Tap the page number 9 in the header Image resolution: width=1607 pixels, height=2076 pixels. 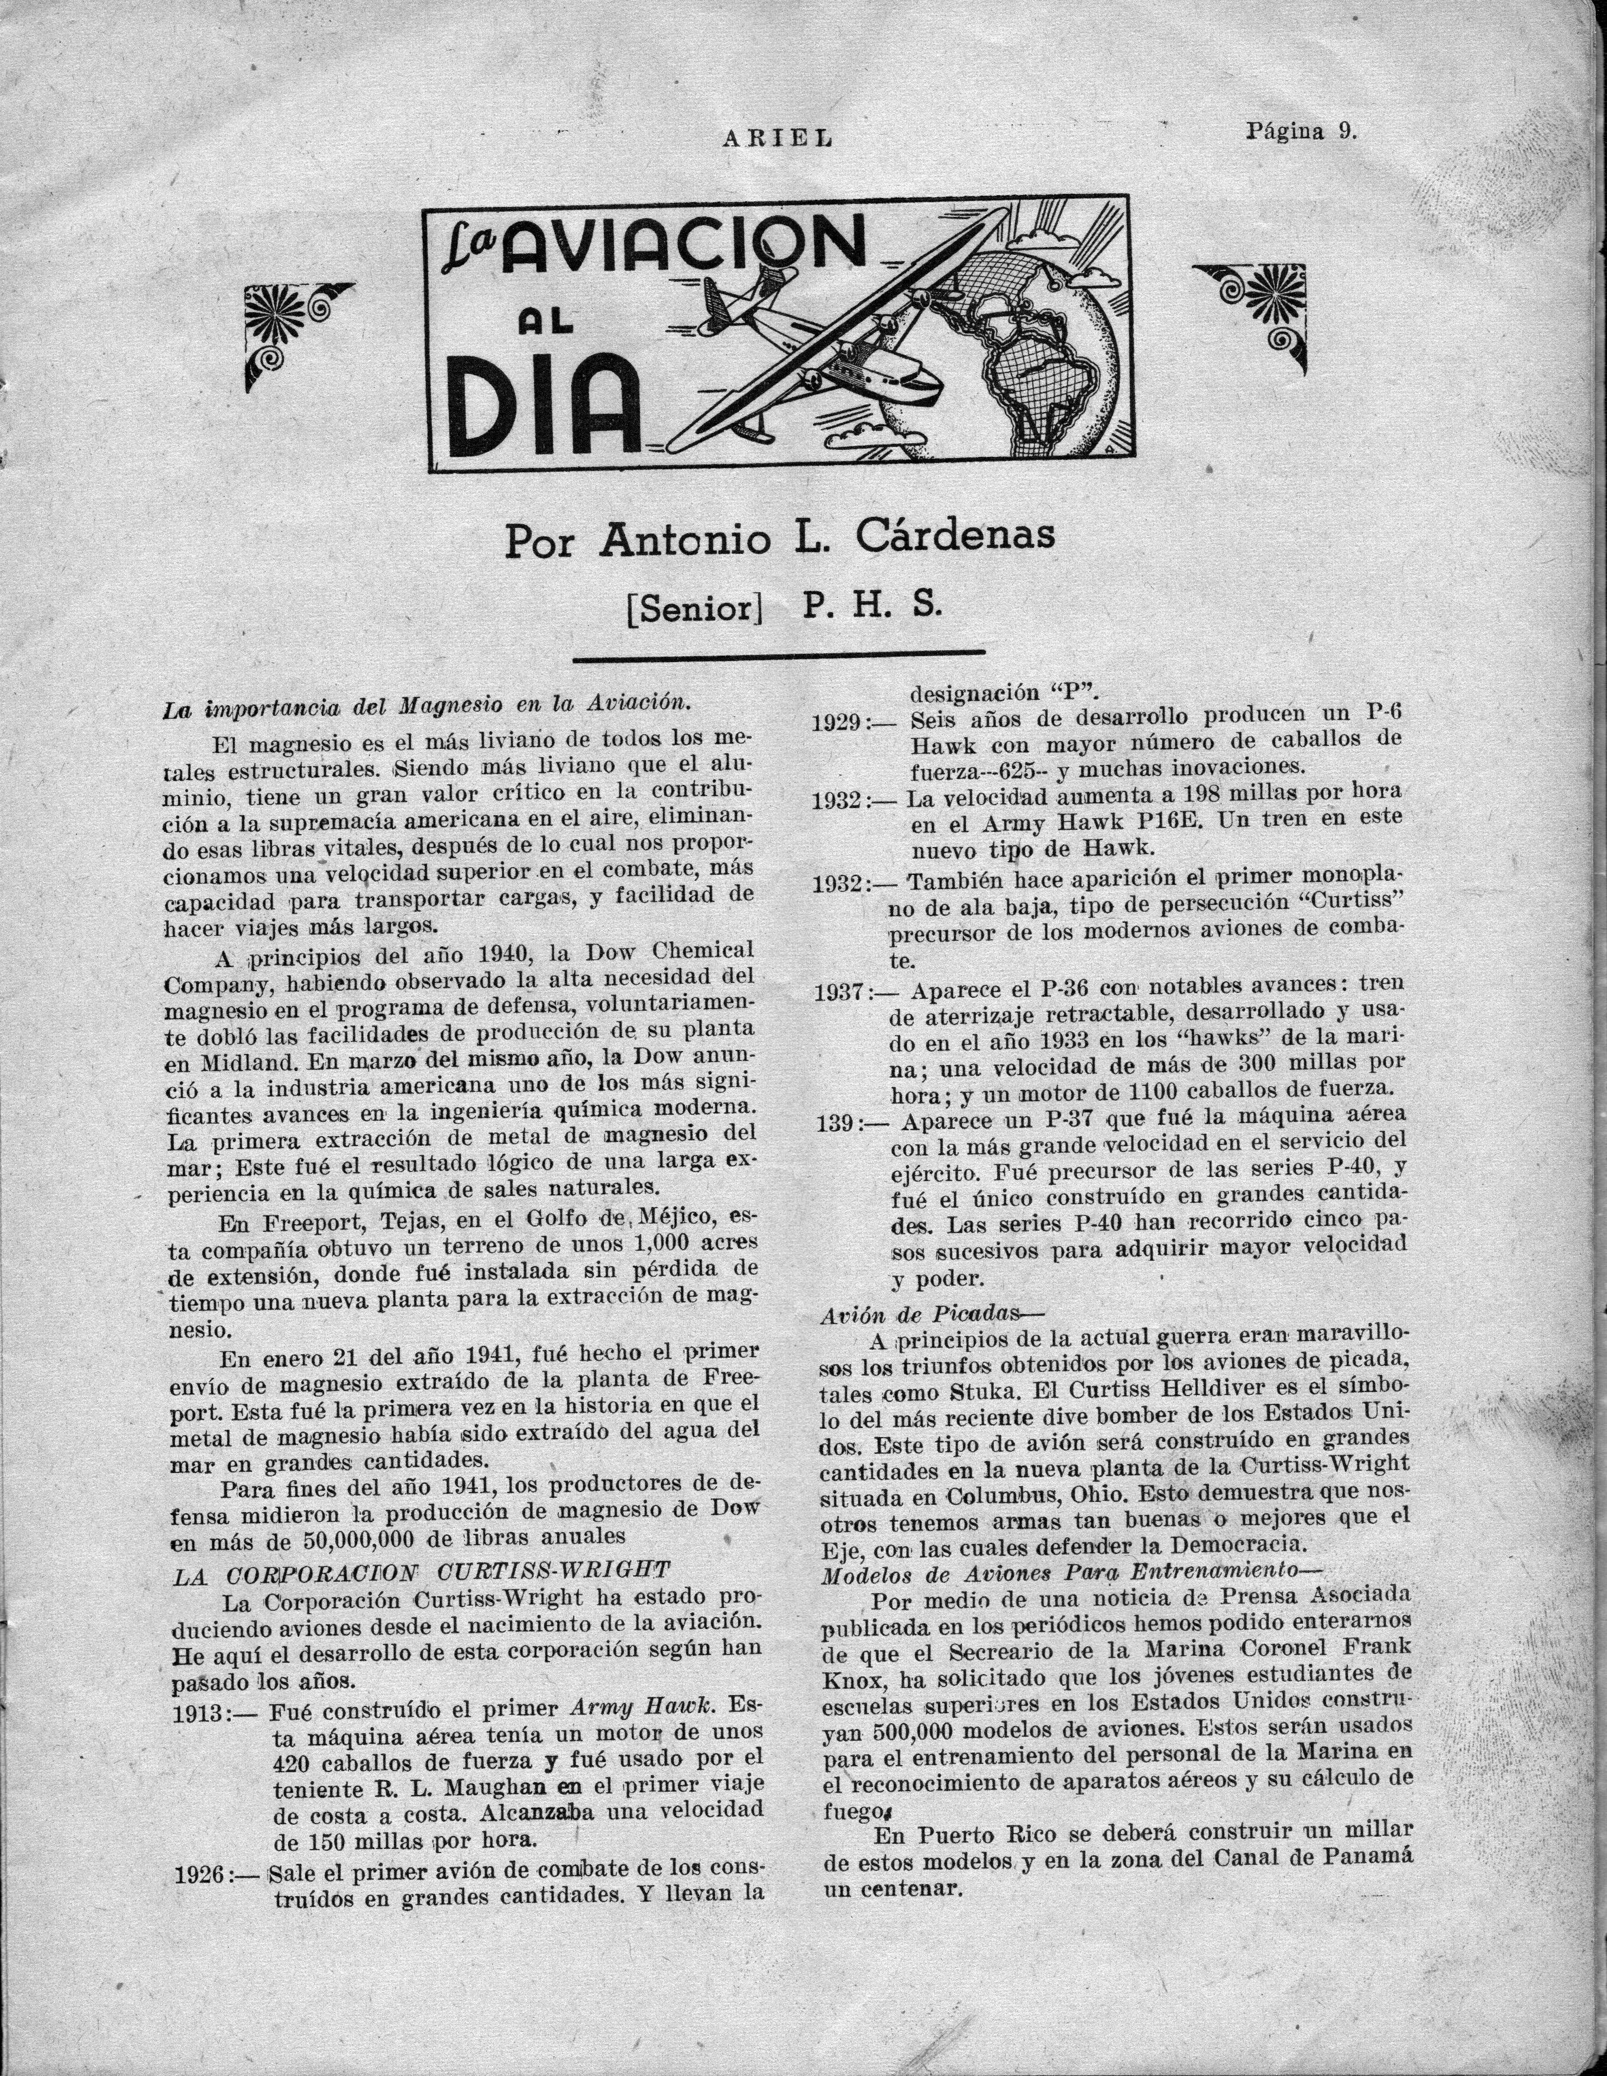point(1346,132)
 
